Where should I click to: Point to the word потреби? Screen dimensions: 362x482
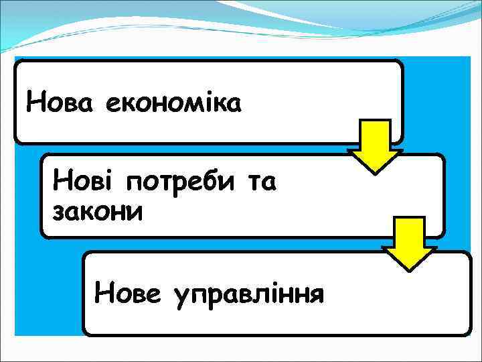tap(175, 182)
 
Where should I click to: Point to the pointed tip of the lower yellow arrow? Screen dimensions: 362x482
tap(409, 269)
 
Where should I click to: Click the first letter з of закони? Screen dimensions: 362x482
tap(58, 213)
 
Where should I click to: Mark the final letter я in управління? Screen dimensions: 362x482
tap(316, 293)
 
